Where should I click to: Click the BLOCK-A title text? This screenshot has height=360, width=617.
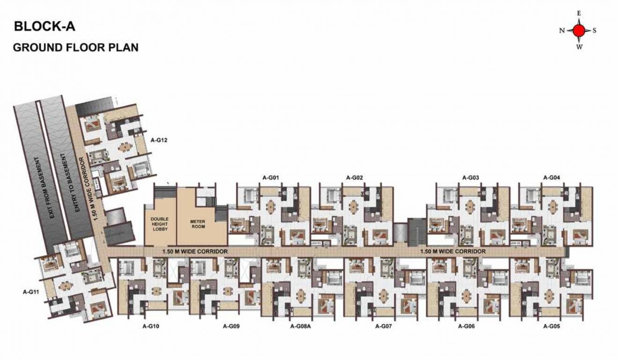[x=45, y=26]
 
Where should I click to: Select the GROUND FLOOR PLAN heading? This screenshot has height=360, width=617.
[x=75, y=47]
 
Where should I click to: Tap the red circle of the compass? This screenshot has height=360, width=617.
[x=579, y=30]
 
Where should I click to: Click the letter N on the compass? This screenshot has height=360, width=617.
[x=562, y=31]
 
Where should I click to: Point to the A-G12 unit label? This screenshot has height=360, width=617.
[x=159, y=140]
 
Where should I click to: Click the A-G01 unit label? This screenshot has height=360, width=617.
[x=271, y=178]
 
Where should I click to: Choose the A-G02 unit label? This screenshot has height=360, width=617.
[x=355, y=178]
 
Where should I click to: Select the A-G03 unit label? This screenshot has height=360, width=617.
[x=470, y=178]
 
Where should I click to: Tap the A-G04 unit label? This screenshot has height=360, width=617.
[x=551, y=178]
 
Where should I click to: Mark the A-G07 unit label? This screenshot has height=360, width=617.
[x=383, y=326]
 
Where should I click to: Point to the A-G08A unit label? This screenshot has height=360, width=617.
[x=301, y=326]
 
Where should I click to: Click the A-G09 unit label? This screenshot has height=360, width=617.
[x=231, y=326]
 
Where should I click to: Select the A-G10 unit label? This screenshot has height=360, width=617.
[x=151, y=326]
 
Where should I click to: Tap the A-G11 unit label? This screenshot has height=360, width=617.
[x=31, y=292]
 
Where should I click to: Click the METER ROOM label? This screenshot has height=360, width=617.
[x=197, y=224]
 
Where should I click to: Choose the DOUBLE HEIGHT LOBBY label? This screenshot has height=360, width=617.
[x=160, y=224]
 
